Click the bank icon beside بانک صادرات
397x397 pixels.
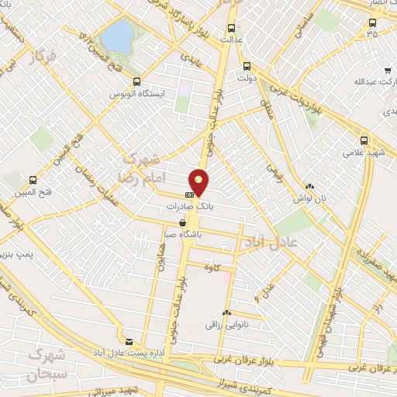coord(189,195)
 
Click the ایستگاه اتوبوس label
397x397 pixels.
coord(137,92)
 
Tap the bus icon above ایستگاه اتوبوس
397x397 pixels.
coord(137,81)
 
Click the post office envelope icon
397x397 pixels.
coord(129,340)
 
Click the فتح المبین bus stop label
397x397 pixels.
coord(33,192)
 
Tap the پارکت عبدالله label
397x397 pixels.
coord(363,81)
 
